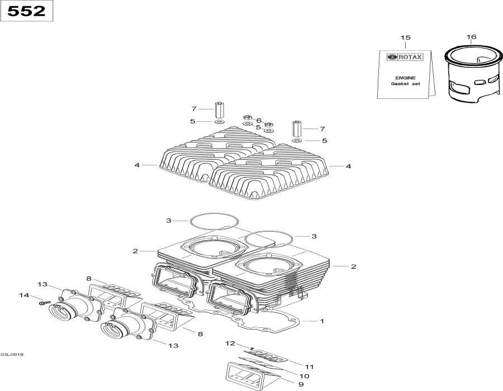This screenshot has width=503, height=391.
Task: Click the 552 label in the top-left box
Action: point(27,11)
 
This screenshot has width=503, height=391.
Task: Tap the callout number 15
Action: point(405,37)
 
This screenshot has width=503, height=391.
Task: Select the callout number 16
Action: point(472,37)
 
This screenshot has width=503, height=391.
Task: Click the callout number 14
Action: point(23,295)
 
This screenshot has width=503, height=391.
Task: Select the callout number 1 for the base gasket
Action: point(322,321)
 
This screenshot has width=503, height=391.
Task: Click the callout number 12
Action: point(230,342)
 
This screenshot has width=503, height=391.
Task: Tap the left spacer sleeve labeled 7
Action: point(219,109)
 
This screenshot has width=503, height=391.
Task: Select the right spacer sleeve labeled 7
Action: point(296,128)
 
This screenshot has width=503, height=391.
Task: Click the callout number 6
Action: point(259,120)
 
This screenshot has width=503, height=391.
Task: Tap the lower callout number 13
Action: point(174,346)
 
